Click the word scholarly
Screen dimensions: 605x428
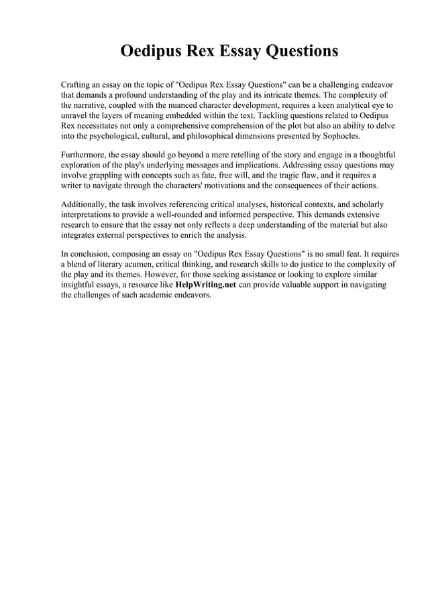point(366,204)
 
